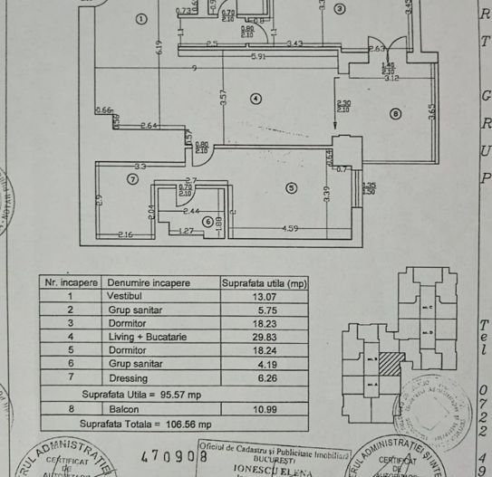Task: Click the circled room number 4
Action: tap(256, 99)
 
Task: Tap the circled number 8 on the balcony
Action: tap(394, 113)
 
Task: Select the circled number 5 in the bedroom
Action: tap(291, 188)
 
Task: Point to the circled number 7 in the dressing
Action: tap(133, 179)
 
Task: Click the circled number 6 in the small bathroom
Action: tap(207, 221)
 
